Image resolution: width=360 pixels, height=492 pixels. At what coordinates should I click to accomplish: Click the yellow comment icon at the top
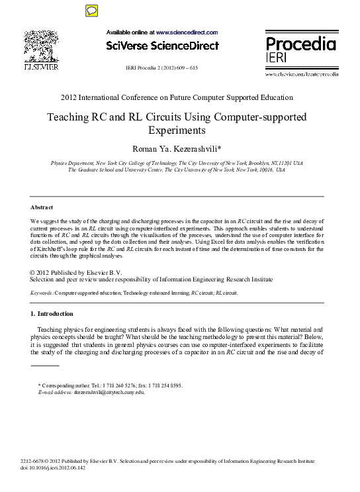[92, 10]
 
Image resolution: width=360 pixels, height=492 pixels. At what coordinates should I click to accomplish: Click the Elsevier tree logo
[41, 46]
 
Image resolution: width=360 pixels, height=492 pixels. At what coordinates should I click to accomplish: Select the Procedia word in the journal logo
[300, 44]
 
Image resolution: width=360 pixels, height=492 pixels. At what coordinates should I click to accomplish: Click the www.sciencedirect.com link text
[187, 32]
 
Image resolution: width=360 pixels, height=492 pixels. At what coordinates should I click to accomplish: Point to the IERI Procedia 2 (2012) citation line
[161, 68]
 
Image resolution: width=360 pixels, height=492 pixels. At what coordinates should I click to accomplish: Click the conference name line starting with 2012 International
[177, 97]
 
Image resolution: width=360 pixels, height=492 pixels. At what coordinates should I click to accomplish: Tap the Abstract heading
[42, 207]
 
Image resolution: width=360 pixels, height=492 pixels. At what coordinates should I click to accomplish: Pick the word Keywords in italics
[42, 292]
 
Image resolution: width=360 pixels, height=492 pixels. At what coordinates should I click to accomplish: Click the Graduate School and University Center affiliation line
[167, 170]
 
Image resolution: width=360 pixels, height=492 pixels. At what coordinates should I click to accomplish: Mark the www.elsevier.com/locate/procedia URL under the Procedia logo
[301, 74]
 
